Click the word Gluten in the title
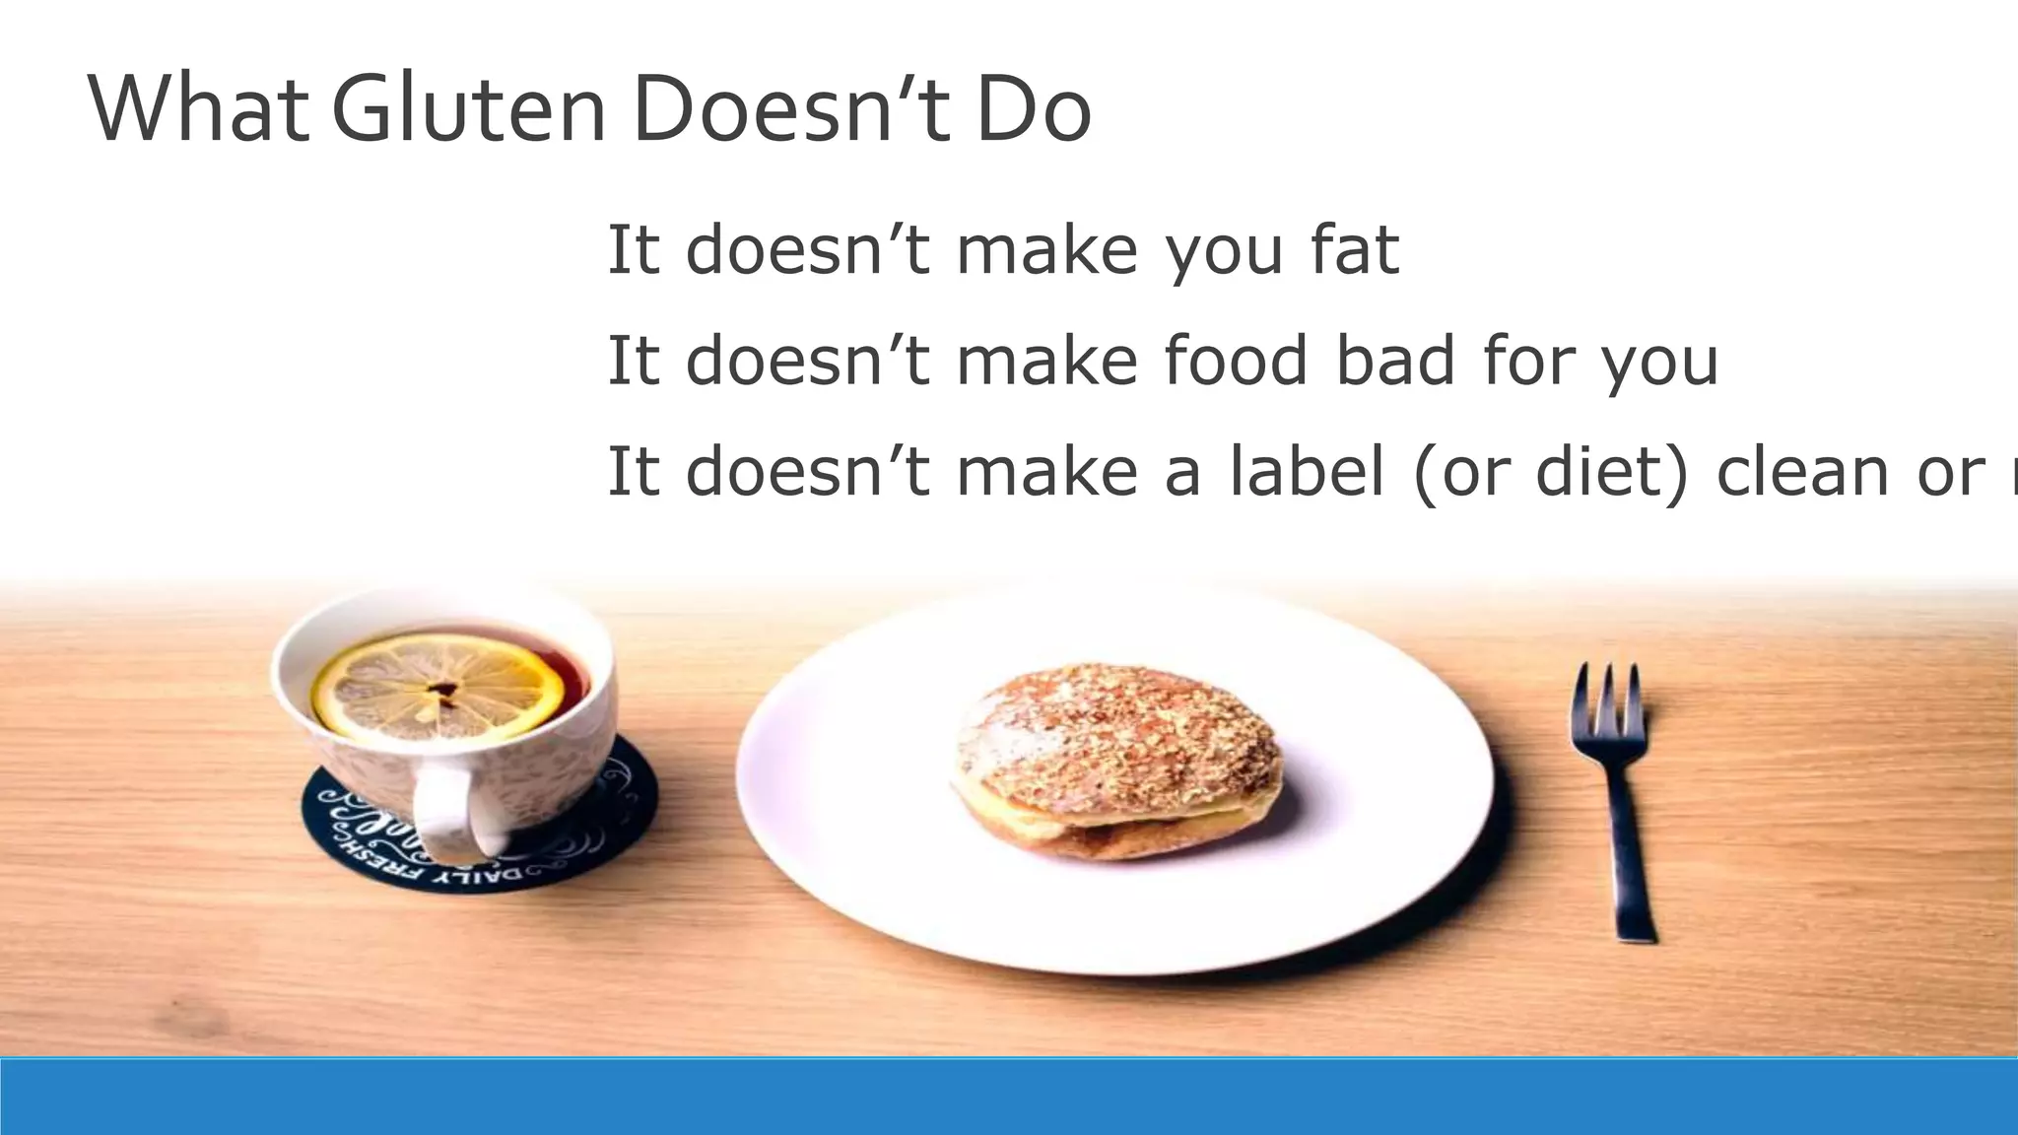point(470,108)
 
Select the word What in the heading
point(197,108)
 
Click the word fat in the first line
point(1355,249)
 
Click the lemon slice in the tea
point(438,686)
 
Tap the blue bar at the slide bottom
point(1009,1096)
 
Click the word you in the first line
point(1225,251)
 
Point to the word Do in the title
point(1034,108)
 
